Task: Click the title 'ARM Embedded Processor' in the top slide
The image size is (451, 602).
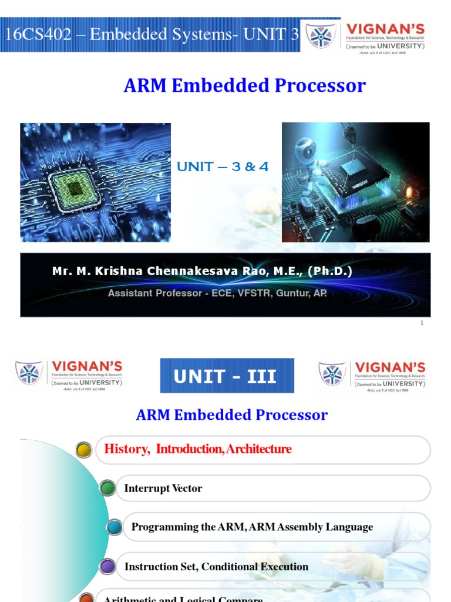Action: [244, 86]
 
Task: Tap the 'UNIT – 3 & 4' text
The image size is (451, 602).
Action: [223, 167]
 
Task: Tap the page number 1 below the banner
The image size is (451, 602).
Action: [422, 323]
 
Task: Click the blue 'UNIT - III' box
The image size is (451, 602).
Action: [227, 376]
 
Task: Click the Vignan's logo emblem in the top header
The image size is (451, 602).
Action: [321, 36]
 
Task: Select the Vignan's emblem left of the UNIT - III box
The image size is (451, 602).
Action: [29, 373]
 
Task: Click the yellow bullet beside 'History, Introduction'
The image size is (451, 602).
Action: [84, 450]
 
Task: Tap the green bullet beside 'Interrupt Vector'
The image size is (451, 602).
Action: [107, 489]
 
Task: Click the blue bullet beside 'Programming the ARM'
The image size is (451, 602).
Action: [115, 527]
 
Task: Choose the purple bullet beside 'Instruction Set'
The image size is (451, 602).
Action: [107, 567]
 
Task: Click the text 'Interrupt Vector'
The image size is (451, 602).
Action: [163, 489]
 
